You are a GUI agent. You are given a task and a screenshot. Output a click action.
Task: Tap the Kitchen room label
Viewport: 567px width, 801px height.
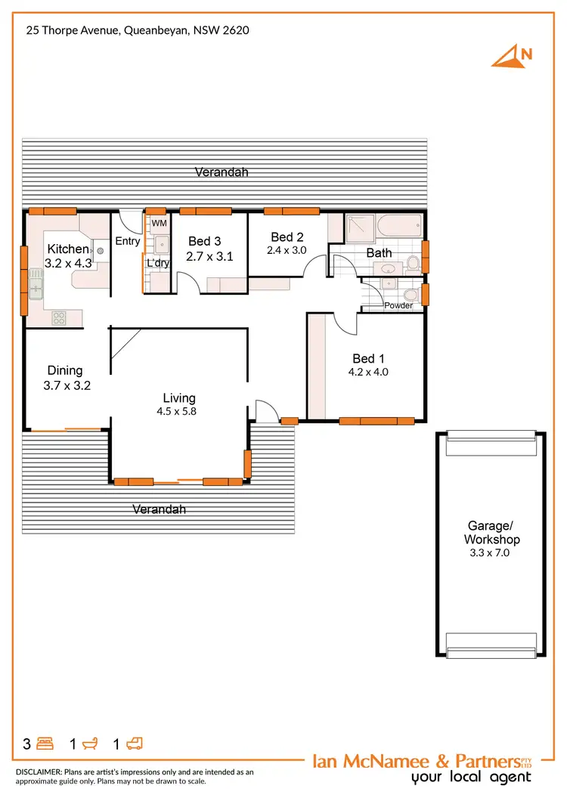68,249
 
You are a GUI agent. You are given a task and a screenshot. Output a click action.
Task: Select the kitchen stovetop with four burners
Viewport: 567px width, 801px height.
59,318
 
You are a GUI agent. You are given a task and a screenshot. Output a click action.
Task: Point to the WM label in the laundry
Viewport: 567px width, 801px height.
159,224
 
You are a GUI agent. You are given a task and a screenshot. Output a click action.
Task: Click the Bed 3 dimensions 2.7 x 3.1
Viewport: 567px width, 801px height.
209,256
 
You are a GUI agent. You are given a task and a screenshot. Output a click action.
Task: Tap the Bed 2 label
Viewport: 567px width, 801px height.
287,237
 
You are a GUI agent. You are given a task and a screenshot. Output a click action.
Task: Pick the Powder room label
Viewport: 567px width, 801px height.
398,305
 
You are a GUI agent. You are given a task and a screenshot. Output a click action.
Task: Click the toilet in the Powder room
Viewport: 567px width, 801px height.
408,294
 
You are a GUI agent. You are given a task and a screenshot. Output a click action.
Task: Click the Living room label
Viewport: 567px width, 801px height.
179,398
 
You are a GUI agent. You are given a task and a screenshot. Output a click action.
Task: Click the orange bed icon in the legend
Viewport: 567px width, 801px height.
45,744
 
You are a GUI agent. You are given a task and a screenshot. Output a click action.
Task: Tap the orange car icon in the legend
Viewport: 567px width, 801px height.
134,744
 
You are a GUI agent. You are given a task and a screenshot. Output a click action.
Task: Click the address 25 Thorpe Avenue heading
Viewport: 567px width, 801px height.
137,31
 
